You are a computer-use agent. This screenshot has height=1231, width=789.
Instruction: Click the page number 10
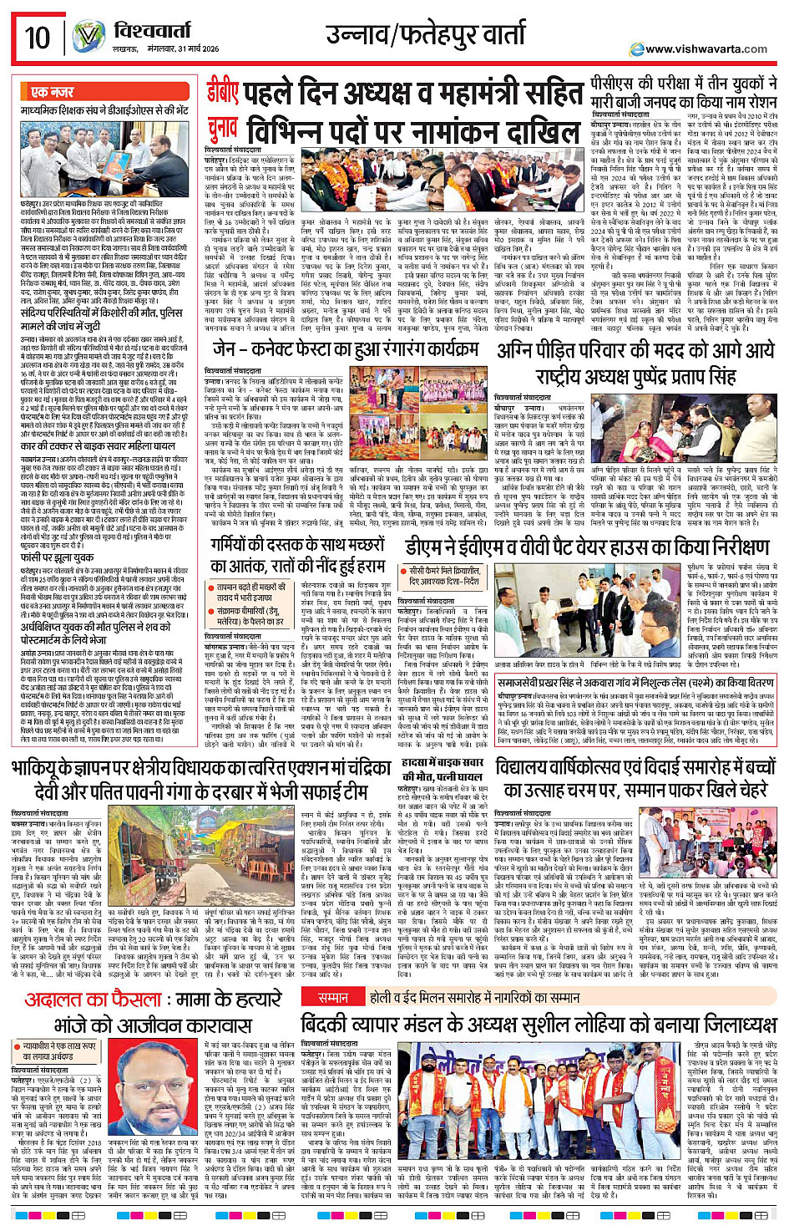coord(38,38)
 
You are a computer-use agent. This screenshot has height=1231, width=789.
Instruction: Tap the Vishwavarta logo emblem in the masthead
coord(88,37)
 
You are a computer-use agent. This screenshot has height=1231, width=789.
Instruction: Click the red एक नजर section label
coord(52,92)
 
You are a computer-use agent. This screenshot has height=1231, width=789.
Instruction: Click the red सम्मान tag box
coord(334,998)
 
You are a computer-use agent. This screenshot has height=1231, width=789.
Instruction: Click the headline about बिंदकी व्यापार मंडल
coord(539,1026)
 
